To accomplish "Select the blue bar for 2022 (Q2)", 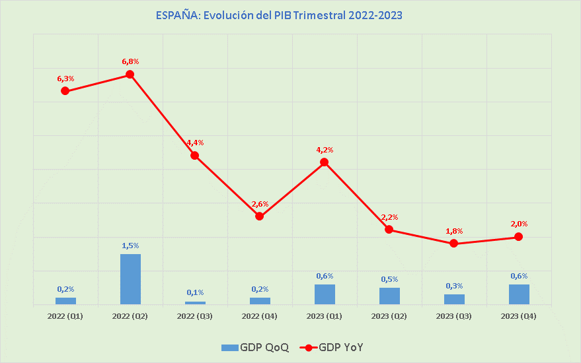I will [130, 279].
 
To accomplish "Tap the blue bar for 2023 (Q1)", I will [325, 294].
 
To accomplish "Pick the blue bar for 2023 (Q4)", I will [519, 294].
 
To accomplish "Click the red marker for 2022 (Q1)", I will [65, 90].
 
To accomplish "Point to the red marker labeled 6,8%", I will [130, 74].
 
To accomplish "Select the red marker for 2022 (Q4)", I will [260, 216].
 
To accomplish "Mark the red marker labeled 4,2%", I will [325, 162].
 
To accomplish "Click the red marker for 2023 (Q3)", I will [454, 243].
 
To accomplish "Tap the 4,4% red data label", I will [195, 143].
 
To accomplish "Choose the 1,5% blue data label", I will [130, 246].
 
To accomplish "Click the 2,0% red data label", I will [519, 224].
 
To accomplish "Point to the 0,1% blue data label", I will [195, 292].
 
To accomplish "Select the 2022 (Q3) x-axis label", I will [195, 316].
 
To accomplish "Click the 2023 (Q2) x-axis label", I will [389, 316].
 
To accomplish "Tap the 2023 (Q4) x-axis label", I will [519, 316].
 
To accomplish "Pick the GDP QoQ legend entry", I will [255, 347].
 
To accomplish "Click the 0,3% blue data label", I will [454, 285].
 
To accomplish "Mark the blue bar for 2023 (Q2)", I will [389, 296].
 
